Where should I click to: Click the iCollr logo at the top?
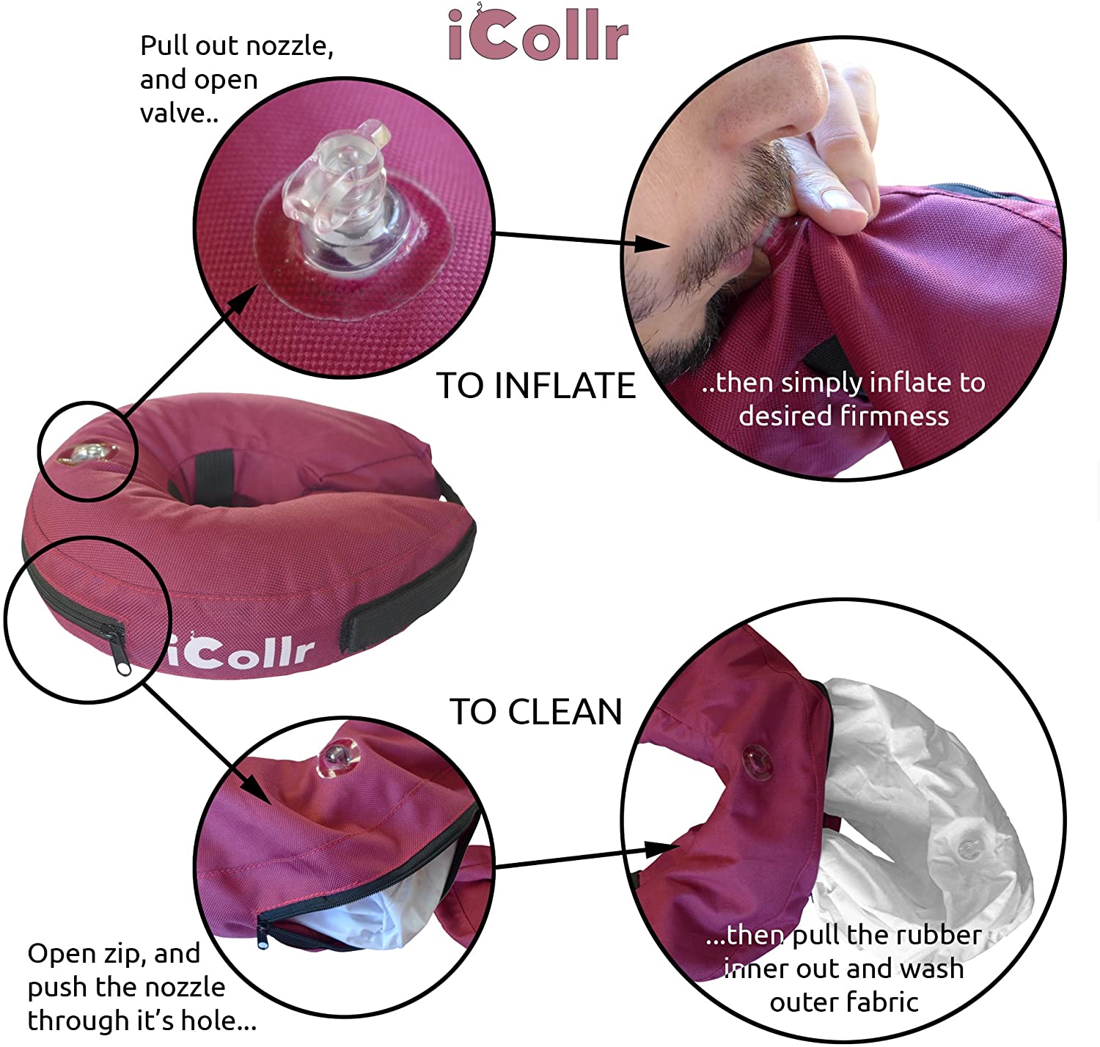[538, 34]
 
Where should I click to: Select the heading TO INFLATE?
[536, 386]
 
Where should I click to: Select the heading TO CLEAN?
[536, 712]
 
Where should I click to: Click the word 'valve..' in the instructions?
[179, 113]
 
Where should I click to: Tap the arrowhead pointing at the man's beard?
[653, 244]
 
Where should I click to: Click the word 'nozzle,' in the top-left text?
[290, 46]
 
